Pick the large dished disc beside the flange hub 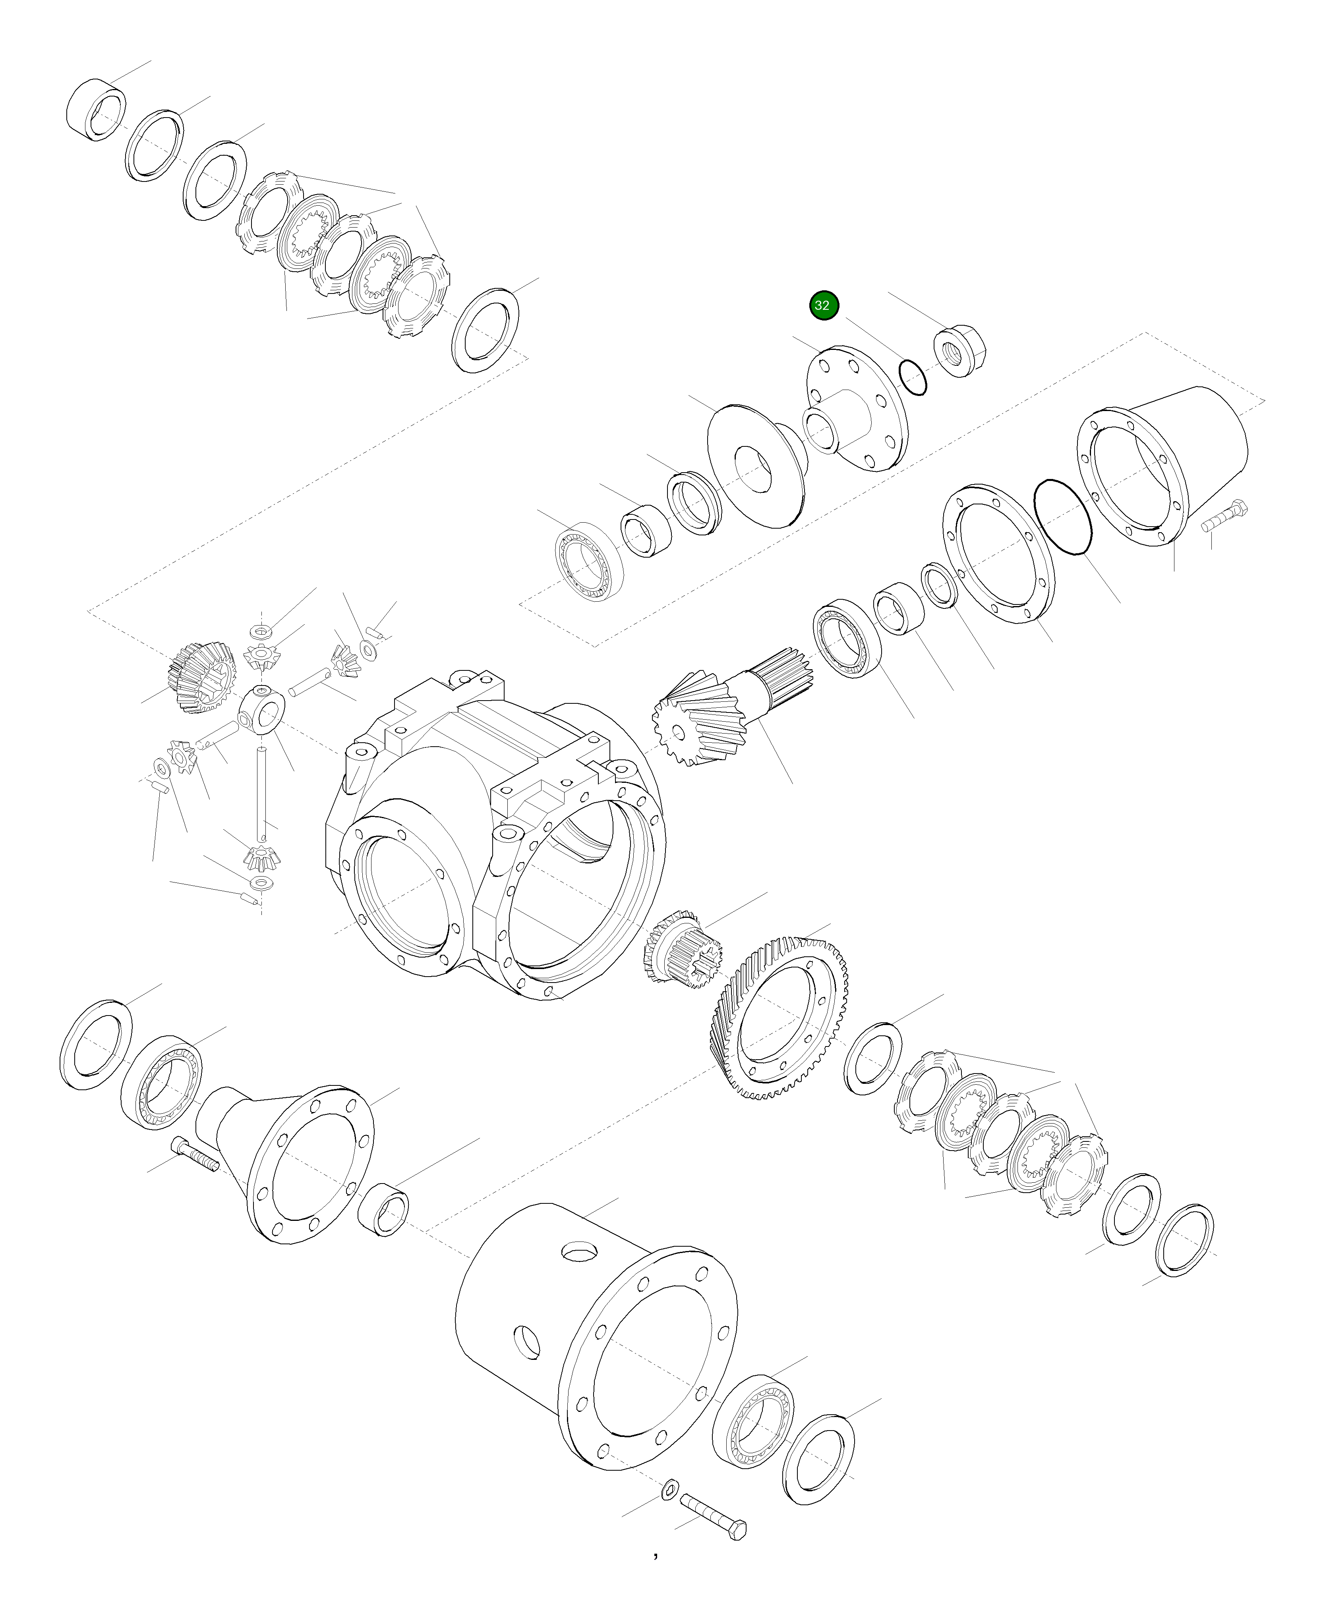pyautogui.click(x=756, y=465)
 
